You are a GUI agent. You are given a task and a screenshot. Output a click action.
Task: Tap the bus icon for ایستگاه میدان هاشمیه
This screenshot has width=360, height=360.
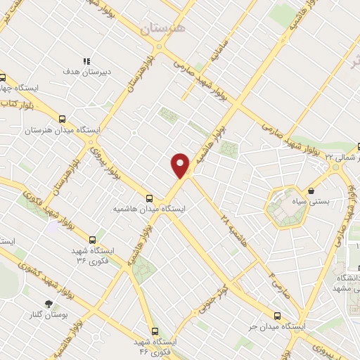pyautogui.click(x=149, y=198)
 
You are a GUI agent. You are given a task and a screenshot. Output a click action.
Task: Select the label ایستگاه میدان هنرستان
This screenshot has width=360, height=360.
pyautogui.click(x=63, y=131)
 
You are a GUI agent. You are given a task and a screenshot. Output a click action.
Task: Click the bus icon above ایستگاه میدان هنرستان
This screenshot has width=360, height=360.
pyautogui.click(x=63, y=119)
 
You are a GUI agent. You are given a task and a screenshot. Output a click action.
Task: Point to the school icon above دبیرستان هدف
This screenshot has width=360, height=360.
pyautogui.click(x=86, y=62)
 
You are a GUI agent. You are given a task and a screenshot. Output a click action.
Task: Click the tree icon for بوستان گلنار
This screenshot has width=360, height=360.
pyautogui.click(x=48, y=303)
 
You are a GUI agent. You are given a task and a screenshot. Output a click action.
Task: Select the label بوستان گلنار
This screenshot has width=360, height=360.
pyautogui.click(x=47, y=314)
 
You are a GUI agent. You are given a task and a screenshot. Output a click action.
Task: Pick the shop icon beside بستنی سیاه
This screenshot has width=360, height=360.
pyautogui.click(x=311, y=190)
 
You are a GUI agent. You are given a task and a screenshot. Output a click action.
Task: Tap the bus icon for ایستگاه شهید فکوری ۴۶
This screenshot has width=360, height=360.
pyautogui.click(x=155, y=330)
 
